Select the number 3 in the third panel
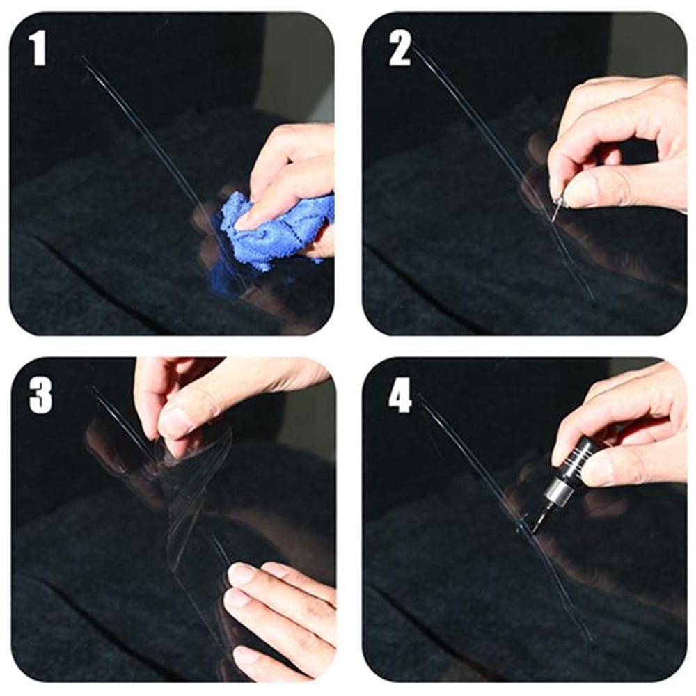(40, 397)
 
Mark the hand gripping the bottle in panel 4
(626, 432)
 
